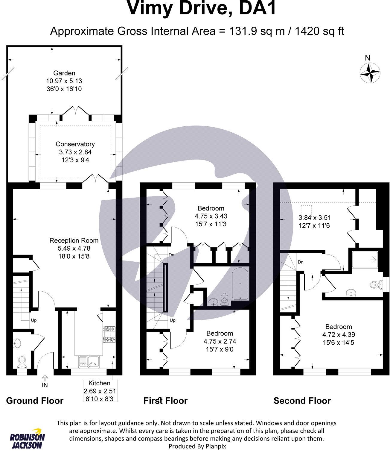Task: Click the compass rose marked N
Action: coord(370,73)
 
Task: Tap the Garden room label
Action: coord(64,81)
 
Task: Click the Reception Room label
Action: coord(74,248)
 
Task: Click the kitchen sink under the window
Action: coord(89,362)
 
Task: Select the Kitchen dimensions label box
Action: coord(100,391)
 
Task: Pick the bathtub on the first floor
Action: coord(240,284)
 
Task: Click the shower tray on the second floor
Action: coord(365,260)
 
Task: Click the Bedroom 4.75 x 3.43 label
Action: coord(211,216)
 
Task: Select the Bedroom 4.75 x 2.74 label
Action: coord(220,341)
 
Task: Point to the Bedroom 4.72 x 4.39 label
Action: coord(339,334)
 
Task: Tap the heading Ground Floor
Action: coord(35,401)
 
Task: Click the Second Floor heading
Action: coord(302,401)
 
